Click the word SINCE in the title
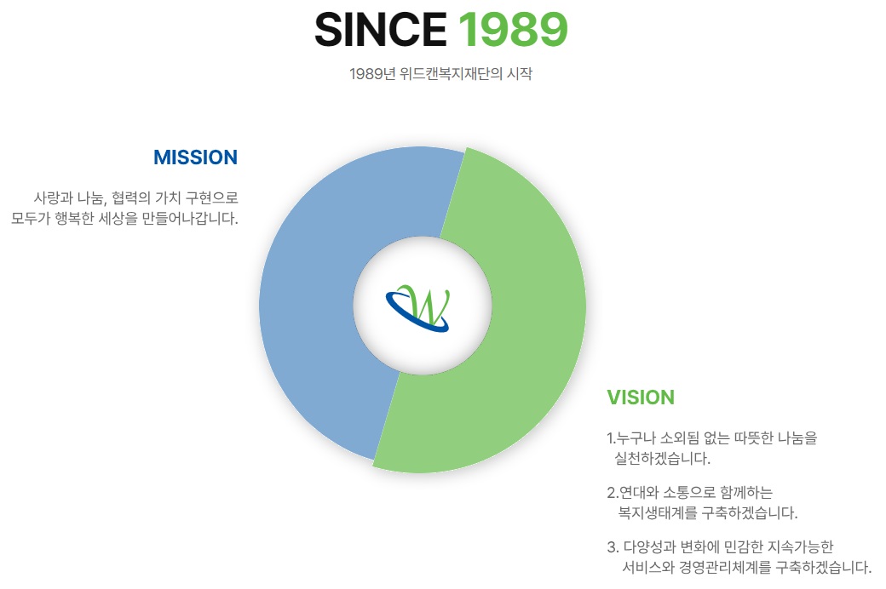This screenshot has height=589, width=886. (380, 30)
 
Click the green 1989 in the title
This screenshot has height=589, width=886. (513, 30)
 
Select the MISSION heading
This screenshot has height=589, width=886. (195, 157)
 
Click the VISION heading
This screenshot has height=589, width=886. (641, 397)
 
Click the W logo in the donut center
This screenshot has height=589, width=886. (418, 308)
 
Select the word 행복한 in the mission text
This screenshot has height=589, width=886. (74, 218)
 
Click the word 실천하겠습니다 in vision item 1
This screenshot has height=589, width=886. (662, 458)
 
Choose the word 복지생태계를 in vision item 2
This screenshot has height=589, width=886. (658, 512)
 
